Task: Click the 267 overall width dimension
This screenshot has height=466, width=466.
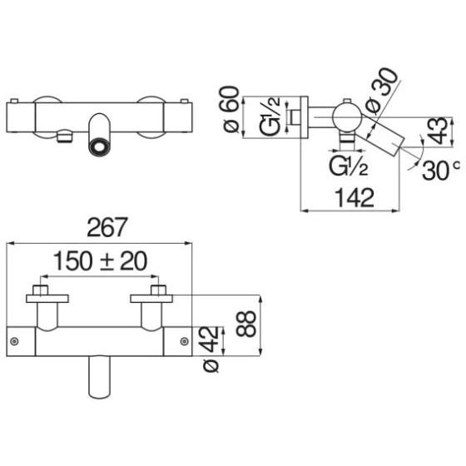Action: pos(107,227)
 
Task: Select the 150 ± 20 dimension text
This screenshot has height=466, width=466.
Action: pos(101,261)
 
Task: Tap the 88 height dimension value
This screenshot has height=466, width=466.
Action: pos(246,324)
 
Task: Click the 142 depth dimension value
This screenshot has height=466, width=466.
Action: pos(354,198)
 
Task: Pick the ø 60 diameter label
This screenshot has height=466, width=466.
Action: pos(231,109)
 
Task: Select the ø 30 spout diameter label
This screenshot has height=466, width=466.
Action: pos(381,92)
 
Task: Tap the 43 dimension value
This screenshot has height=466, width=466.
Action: pos(438,131)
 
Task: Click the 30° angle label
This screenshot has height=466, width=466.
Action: pos(440,170)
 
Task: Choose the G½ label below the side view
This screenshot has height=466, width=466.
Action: pos(349,166)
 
